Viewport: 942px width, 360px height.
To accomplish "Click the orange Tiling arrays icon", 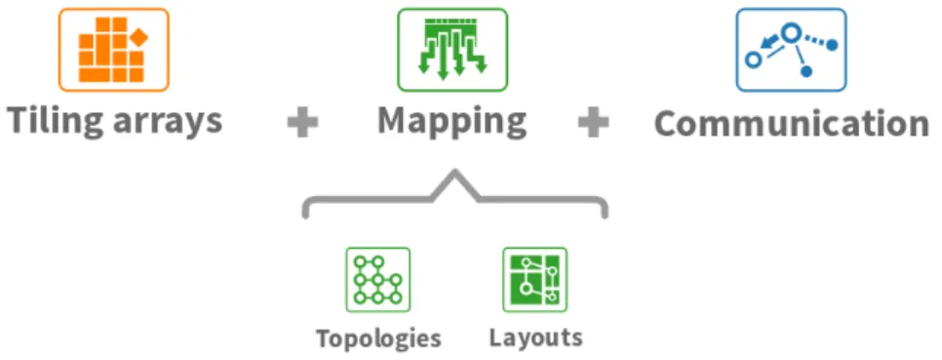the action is (x=113, y=50).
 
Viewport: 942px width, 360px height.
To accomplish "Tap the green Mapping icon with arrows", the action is (x=452, y=50).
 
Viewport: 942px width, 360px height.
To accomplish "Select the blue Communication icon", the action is (x=791, y=50).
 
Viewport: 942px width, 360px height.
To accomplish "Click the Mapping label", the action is (x=451, y=123).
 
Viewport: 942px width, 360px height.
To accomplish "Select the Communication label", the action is (x=791, y=124).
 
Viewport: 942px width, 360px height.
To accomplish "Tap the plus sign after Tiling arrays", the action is (x=302, y=123).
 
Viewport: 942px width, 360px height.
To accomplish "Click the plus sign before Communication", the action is (x=594, y=123).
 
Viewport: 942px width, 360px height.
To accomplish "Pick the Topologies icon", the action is (x=378, y=279).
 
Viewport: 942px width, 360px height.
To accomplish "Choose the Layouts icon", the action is (x=534, y=279).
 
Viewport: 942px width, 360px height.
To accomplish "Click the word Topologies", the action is (x=379, y=339).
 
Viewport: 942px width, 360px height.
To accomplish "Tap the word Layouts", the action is (x=536, y=338).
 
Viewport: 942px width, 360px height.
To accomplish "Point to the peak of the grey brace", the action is (x=456, y=173).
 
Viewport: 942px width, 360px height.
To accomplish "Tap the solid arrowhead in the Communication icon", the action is (x=765, y=44).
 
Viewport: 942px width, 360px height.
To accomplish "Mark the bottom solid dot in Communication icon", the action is (x=806, y=71).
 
